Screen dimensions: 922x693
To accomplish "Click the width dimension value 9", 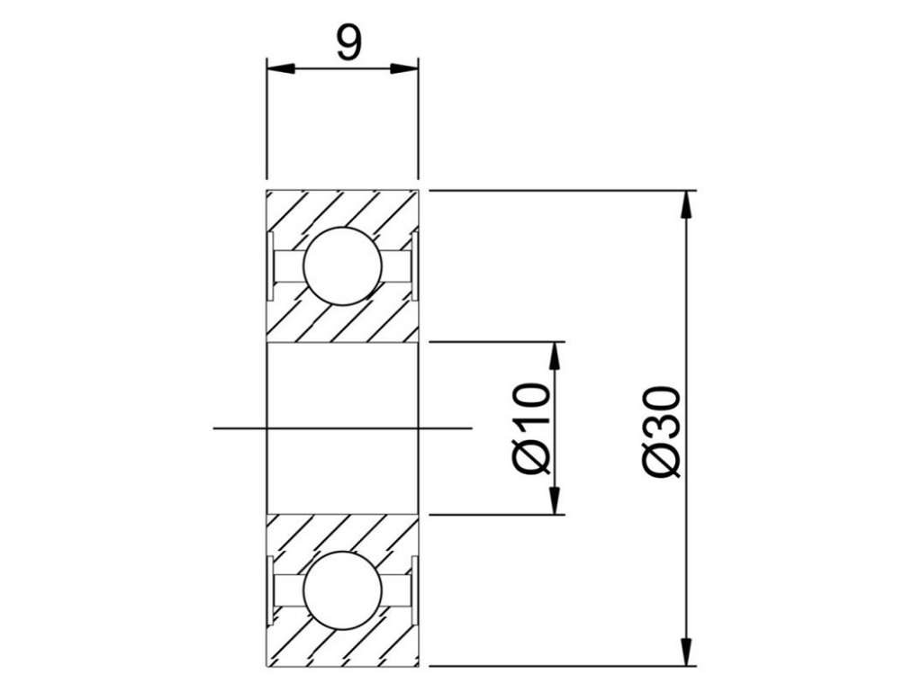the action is point(348,43).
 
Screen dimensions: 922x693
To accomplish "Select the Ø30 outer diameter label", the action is point(662,431).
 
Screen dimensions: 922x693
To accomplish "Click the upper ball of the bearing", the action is point(342,265).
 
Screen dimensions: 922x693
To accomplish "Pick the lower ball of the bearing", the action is point(342,590).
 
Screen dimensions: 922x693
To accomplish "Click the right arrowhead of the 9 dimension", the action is point(404,68).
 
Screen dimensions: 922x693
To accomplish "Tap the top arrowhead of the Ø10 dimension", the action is point(554,355).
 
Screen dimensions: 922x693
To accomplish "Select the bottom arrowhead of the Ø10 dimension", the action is point(554,500).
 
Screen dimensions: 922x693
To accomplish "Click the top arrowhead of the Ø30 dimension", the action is point(685,204).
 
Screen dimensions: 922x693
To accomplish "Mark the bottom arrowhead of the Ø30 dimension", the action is point(685,652).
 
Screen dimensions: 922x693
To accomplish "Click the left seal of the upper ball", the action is point(270,265).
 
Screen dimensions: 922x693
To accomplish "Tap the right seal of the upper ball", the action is point(414,265).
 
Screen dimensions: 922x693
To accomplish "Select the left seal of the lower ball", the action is point(270,590).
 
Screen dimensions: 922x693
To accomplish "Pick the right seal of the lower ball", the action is point(414,590).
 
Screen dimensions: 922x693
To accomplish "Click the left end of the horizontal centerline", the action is point(213,428).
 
